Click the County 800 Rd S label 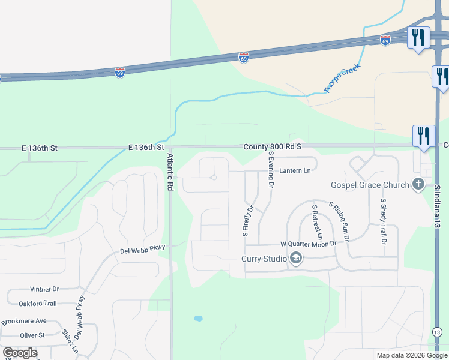[x=272, y=146]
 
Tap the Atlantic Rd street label [x=170, y=172]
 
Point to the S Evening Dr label [x=271, y=170]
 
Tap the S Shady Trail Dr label [x=383, y=221]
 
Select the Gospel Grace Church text [x=370, y=185]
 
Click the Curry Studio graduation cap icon [x=295, y=259]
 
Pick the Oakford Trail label [x=38, y=304]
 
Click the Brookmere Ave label [x=24, y=321]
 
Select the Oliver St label [x=32, y=336]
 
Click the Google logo [x=20, y=353]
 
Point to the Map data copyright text [x=412, y=355]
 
